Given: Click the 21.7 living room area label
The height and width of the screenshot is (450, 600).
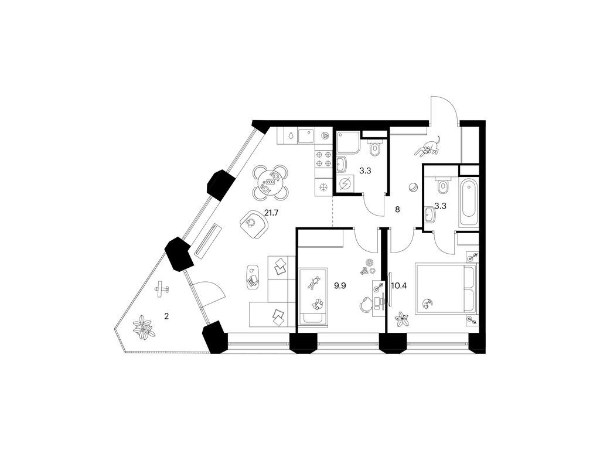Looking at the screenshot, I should (x=271, y=212).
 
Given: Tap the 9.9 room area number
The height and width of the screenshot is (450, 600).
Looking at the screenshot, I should (x=340, y=286).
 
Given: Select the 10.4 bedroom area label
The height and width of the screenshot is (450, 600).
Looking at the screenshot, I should (x=401, y=286).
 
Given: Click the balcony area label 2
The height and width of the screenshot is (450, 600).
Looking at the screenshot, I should (x=167, y=316).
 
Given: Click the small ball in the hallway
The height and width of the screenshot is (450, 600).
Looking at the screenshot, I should (x=413, y=187).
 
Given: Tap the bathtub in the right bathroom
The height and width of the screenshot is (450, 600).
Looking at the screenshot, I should (x=469, y=199).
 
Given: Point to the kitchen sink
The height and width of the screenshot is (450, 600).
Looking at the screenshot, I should (x=305, y=136).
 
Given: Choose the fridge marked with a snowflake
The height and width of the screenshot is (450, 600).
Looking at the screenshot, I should (x=323, y=186).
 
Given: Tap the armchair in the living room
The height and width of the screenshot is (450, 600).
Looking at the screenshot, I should (x=253, y=223).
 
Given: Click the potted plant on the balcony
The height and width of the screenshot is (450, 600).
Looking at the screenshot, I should (x=142, y=327).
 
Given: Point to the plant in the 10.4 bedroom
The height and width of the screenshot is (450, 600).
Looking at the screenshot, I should (x=402, y=318).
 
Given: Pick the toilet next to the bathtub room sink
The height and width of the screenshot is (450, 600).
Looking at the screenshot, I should (x=442, y=185).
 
